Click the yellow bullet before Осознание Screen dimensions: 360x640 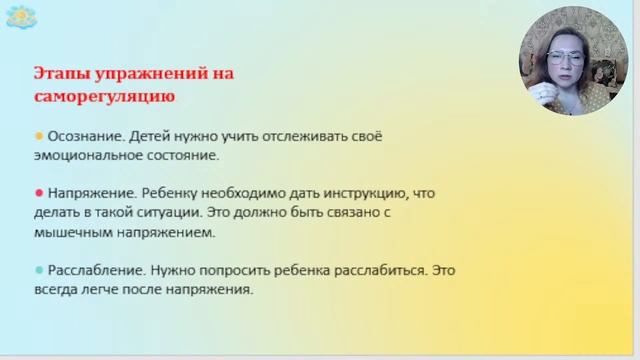39,135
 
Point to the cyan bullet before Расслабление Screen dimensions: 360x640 39,270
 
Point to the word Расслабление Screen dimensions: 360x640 91,270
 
